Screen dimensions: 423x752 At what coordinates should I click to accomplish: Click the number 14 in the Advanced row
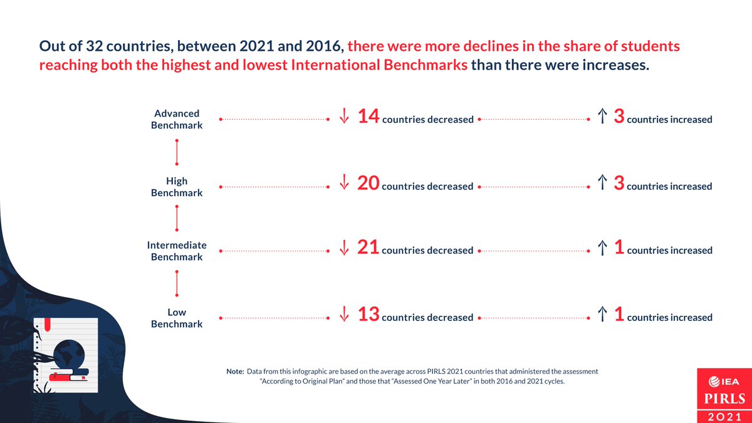[x=368, y=117]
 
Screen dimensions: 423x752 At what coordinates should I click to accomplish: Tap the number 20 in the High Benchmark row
[x=368, y=184]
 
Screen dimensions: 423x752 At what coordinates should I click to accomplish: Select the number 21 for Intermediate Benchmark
[x=368, y=248]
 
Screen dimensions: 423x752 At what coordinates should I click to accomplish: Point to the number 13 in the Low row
[x=368, y=315]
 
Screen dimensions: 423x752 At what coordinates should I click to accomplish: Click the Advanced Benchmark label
[x=177, y=119]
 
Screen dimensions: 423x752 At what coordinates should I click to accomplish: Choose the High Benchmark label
[x=177, y=187]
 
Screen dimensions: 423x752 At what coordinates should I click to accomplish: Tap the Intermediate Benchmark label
[x=177, y=251]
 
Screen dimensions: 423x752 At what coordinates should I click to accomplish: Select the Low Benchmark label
[x=177, y=318]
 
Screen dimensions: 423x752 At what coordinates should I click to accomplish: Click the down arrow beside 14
[x=343, y=117]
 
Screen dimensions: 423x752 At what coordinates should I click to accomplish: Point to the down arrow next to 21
[x=343, y=248]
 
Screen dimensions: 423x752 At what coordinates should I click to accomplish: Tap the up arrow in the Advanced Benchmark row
[x=602, y=117]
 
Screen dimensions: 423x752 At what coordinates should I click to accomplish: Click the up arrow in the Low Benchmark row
[x=602, y=315]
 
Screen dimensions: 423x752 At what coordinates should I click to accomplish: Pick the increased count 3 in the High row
[x=619, y=184]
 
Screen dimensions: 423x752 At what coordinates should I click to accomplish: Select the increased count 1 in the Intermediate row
[x=619, y=248]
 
